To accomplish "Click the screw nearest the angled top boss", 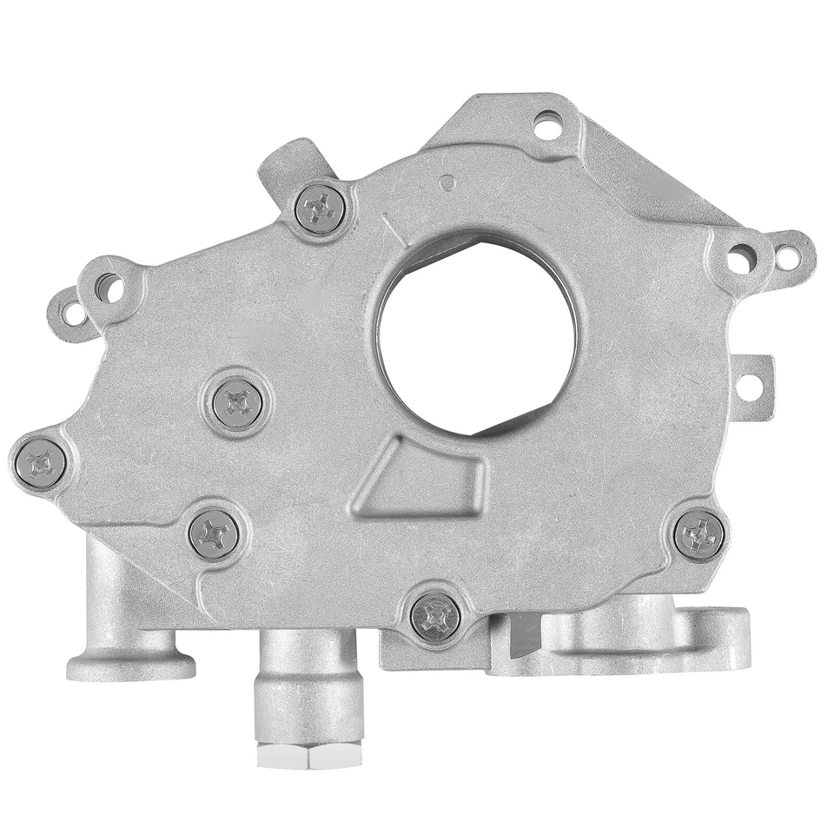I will (x=321, y=208).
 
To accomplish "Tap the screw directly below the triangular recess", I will (x=434, y=617).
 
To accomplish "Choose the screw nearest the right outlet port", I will (x=699, y=534).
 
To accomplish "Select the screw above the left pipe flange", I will (x=214, y=533).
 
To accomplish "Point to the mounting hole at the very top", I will (x=547, y=125).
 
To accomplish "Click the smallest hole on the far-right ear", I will (x=788, y=257).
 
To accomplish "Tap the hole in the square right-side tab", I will (x=749, y=385).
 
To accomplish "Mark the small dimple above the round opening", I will (x=446, y=182).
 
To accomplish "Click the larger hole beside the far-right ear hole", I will (x=741, y=256).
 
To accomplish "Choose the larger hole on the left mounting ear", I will (x=109, y=287).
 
